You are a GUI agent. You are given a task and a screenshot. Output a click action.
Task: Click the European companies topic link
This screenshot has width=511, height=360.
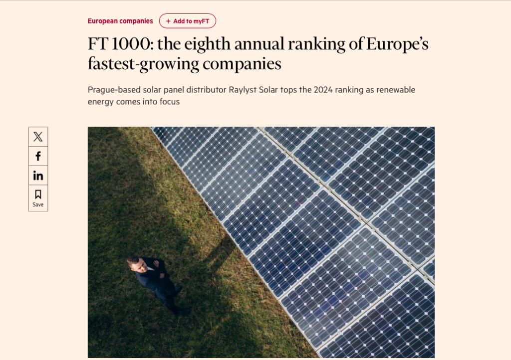(120, 21)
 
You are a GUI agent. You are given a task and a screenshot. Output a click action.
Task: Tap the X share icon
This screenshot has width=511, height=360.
(38, 137)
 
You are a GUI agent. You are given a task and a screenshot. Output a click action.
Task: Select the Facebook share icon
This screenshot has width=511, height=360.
(38, 156)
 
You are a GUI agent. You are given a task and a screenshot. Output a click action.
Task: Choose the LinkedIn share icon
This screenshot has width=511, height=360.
(38, 176)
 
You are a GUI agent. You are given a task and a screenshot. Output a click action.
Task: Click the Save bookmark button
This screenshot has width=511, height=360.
(38, 197)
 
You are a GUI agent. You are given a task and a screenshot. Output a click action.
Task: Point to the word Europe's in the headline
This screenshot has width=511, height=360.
(397, 44)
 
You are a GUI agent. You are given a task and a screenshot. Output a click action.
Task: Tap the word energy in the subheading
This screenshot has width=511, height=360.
(102, 102)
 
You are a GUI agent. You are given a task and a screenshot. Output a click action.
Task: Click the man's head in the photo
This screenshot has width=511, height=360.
(134, 263)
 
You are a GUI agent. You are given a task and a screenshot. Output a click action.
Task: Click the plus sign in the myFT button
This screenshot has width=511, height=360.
(168, 21)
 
